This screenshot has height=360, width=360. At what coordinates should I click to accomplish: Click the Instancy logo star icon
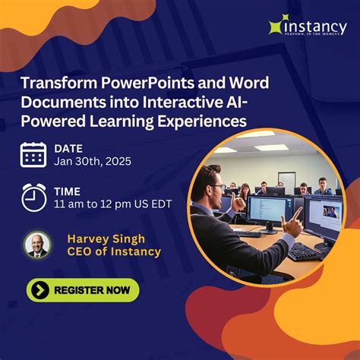[276, 27]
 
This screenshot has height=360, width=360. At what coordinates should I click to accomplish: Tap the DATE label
[68, 147]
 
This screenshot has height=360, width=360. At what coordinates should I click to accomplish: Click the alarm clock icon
[33, 197]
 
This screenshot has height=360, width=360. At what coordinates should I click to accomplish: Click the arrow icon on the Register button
[41, 289]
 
